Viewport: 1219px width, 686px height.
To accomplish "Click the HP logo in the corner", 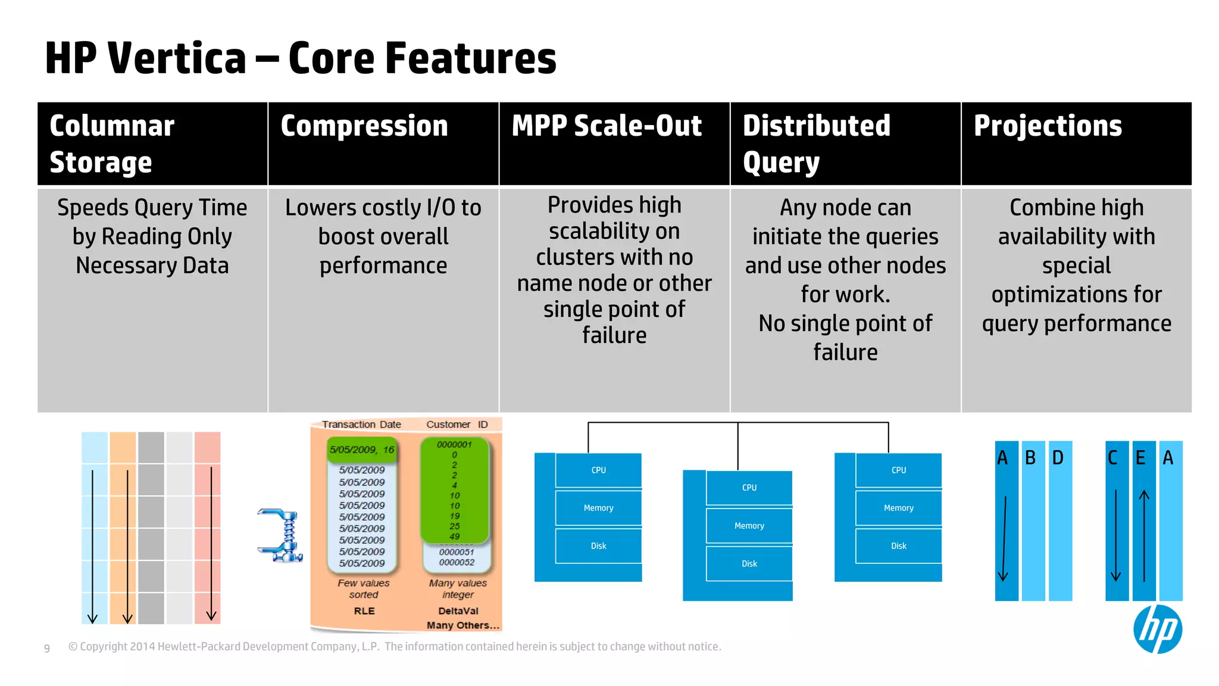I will point(1157,629).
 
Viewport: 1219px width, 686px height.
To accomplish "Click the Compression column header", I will point(364,126).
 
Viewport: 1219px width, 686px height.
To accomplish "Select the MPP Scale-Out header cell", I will point(607,126).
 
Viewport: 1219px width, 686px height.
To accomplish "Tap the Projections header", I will point(1048,126).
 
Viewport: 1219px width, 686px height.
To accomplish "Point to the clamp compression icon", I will point(281,535).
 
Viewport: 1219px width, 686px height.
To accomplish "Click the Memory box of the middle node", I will point(749,526).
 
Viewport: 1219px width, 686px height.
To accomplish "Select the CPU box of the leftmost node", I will point(598,470).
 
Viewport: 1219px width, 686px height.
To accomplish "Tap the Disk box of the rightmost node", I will point(898,546).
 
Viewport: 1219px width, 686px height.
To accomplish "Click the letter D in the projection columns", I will point(1058,458).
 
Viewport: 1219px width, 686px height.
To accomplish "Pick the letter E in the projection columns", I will point(1140,458).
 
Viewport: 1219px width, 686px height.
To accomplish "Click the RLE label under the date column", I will point(364,611).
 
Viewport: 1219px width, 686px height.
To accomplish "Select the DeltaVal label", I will point(458,611).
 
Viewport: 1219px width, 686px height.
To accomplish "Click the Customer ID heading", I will point(457,425).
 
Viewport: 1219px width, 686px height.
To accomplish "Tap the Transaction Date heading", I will point(361,425).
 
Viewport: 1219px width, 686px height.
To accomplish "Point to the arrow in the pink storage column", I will point(211,542).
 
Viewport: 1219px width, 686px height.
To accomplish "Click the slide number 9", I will point(47,648).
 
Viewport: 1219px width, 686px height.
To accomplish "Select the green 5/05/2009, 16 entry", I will point(362,450).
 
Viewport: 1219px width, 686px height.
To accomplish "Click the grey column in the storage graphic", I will point(151,528).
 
